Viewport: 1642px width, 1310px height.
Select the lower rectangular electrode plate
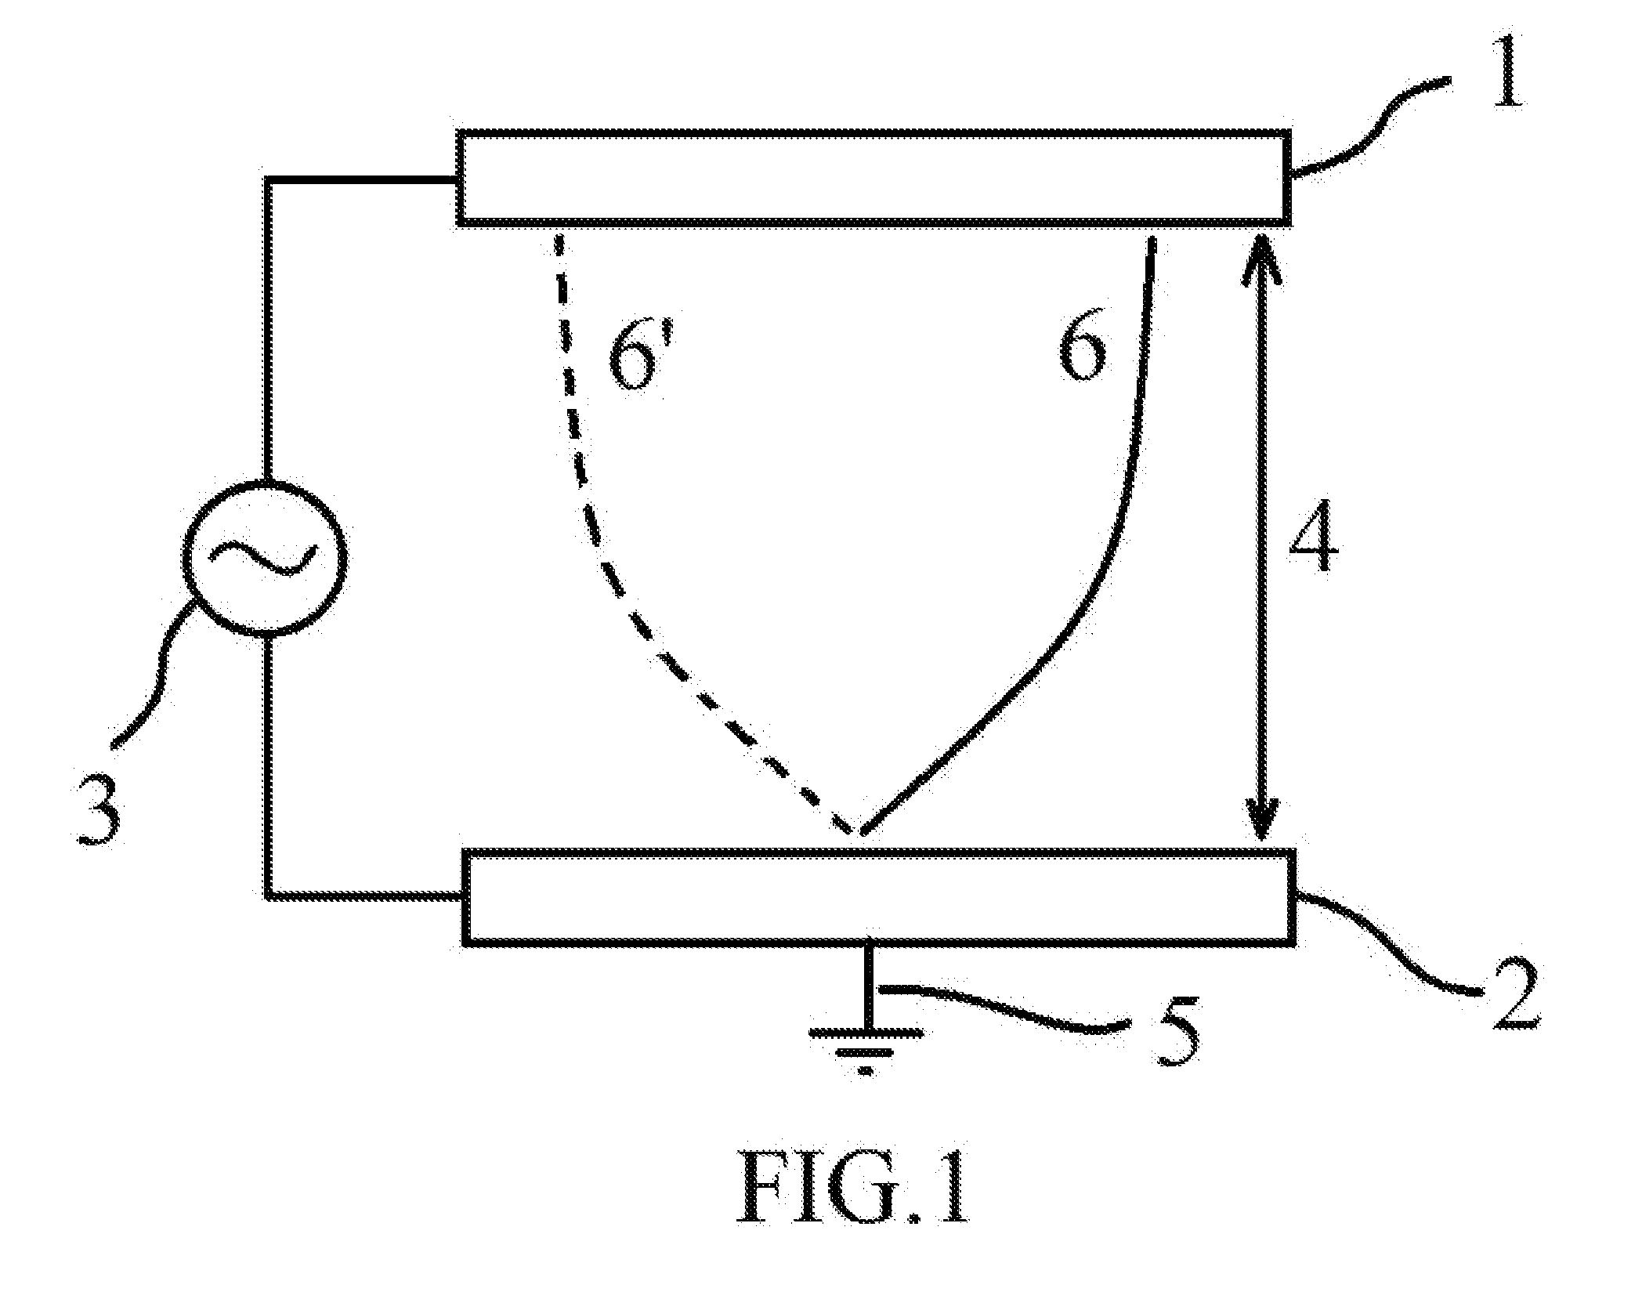tap(879, 897)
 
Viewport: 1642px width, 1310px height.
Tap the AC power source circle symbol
tap(263, 557)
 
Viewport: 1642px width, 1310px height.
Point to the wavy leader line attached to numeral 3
tap(157, 673)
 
